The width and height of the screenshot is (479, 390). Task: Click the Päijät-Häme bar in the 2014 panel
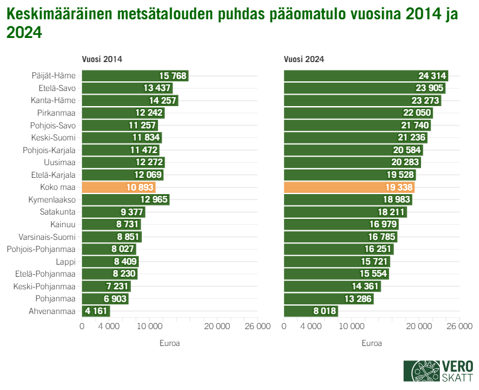pyautogui.click(x=135, y=76)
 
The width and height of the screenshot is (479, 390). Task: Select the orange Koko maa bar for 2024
pyautogui.click(x=349, y=187)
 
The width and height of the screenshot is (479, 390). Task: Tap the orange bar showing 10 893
pyautogui.click(x=118, y=187)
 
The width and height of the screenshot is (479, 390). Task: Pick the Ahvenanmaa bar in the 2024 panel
pyautogui.click(x=311, y=311)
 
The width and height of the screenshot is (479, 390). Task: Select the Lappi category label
pyautogui.click(x=65, y=262)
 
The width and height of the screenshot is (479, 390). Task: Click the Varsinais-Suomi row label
pyautogui.click(x=47, y=237)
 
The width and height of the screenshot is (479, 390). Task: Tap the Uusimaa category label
pyautogui.click(x=60, y=163)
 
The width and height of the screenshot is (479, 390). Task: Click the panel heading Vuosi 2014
pyautogui.click(x=102, y=59)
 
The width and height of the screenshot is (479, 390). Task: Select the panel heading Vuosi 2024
pyautogui.click(x=304, y=59)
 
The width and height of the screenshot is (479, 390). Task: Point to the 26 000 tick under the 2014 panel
pyautogui.click(x=258, y=326)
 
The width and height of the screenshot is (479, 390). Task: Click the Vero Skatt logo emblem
pyautogui.click(x=422, y=370)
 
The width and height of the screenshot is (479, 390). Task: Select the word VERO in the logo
pyautogui.click(x=457, y=365)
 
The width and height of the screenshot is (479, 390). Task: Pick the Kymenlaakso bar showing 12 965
pyautogui.click(x=125, y=200)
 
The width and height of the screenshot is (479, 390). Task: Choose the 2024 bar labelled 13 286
pyautogui.click(x=329, y=298)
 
